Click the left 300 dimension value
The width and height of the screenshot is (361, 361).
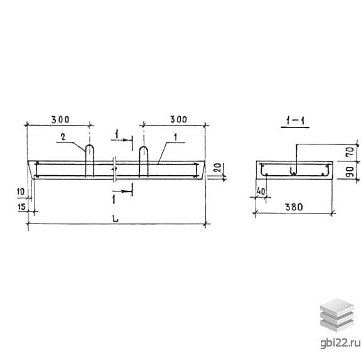click(60, 120)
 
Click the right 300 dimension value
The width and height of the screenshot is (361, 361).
click(179, 119)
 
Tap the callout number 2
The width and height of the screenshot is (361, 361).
click(63, 137)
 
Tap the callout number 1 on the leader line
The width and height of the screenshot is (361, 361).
click(175, 137)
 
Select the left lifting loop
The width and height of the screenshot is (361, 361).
click(90, 161)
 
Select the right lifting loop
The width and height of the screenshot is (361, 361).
click(143, 161)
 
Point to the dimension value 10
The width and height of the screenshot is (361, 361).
click(21, 191)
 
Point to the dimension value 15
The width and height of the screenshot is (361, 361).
click(21, 207)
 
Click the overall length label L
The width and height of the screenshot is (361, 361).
click(116, 218)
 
